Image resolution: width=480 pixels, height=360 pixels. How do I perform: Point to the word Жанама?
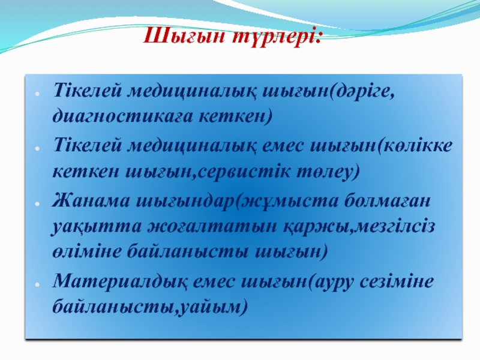(x=91, y=202)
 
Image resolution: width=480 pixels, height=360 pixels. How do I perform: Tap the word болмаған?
(x=388, y=201)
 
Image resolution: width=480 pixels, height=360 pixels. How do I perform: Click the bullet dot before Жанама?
(x=37, y=203)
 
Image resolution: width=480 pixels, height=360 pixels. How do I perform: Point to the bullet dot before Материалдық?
(x=37, y=284)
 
